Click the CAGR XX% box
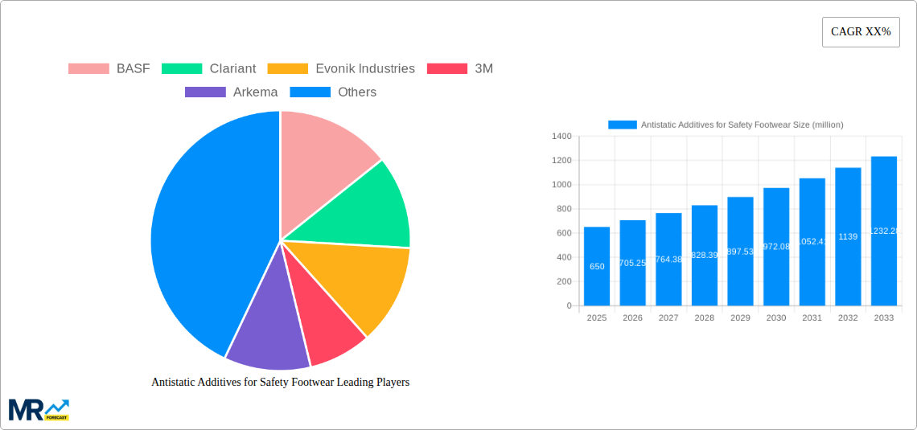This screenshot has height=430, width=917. [x=861, y=32]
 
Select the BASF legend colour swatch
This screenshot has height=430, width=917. [x=88, y=69]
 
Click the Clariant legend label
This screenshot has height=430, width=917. [x=232, y=69]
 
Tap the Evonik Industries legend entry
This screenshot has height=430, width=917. [x=364, y=69]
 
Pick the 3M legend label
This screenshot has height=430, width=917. [x=483, y=69]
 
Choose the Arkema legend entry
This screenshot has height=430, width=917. [x=255, y=92]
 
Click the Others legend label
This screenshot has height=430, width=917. [x=356, y=92]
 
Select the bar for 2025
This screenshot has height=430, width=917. [x=597, y=265]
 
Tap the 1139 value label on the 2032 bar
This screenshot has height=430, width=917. [x=848, y=236]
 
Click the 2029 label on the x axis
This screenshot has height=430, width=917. [x=740, y=318]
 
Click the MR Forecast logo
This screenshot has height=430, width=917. [x=39, y=409]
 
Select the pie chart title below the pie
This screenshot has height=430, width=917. [x=280, y=383]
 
